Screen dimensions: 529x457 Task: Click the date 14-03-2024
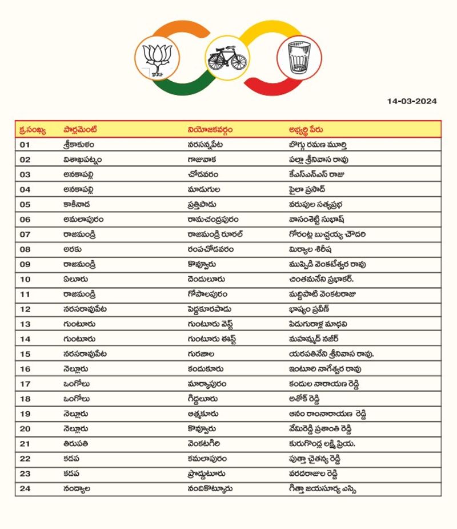click(x=411, y=101)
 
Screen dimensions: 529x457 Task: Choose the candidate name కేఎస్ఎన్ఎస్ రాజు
click(x=316, y=174)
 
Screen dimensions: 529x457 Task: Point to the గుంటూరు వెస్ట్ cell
click(x=212, y=324)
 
